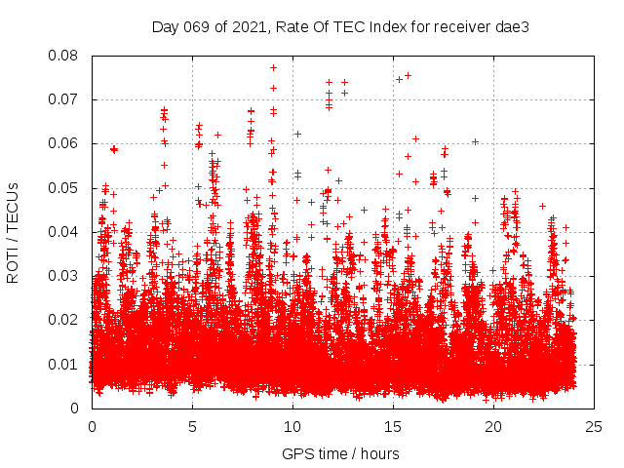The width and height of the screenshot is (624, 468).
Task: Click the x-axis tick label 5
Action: click(x=192, y=426)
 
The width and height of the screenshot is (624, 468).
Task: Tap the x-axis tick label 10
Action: click(x=292, y=426)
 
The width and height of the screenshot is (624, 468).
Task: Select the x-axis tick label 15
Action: click(x=393, y=426)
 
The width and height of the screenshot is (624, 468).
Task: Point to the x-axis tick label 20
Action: click(x=493, y=426)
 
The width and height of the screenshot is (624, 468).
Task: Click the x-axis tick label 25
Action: click(x=594, y=426)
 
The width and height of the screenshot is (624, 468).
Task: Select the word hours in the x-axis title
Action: click(x=378, y=453)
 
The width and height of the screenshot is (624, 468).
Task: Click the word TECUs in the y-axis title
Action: click(x=14, y=208)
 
